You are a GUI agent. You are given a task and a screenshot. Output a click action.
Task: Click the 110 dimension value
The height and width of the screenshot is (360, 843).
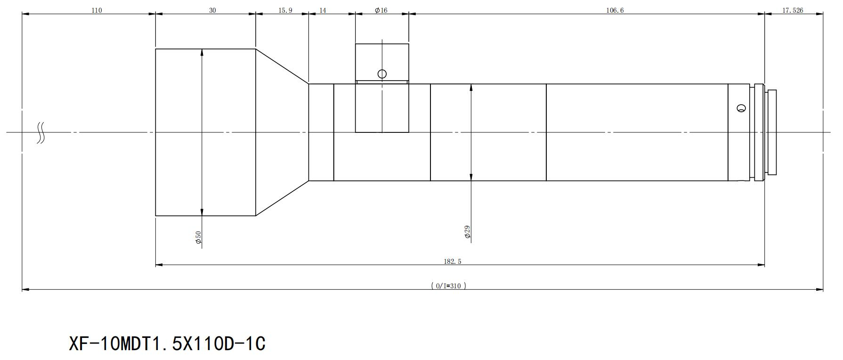click(97, 10)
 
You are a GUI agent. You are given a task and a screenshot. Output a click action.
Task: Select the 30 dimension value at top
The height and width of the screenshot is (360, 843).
click(212, 10)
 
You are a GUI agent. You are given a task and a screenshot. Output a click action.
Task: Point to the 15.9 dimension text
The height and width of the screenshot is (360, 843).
click(285, 10)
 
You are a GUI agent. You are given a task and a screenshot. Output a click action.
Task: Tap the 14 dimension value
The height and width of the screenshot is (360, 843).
click(323, 10)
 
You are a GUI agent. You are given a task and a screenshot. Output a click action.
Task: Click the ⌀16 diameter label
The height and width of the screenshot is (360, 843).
click(381, 10)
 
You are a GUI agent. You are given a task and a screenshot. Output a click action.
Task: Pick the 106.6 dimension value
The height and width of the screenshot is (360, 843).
click(615, 10)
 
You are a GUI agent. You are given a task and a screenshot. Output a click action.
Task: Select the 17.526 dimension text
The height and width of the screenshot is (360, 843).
click(793, 10)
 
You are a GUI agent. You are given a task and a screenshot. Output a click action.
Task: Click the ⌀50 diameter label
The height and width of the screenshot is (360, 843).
click(198, 237)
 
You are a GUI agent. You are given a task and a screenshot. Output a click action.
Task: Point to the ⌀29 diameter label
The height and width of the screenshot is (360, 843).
click(467, 232)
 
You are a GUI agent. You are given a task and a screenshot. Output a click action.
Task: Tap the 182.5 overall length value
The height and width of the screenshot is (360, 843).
click(452, 262)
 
